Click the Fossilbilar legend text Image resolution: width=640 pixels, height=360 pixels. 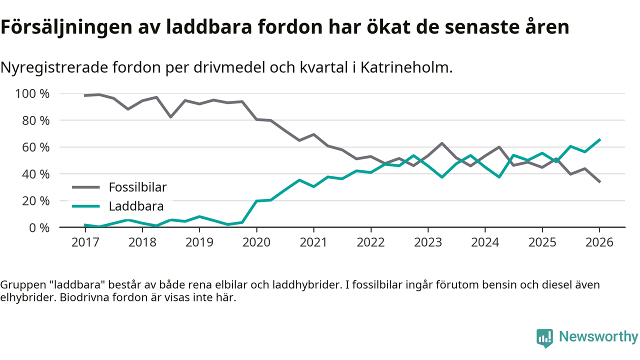click(137, 187)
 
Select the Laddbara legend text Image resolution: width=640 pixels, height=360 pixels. click(136, 206)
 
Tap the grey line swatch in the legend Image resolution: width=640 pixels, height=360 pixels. click(86, 188)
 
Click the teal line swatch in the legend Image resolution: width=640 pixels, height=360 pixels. click(86, 206)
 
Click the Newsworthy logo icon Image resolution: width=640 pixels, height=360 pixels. click(544, 337)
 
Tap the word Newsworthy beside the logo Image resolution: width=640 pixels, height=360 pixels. click(598, 336)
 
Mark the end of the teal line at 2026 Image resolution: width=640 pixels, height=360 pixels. click(599, 140)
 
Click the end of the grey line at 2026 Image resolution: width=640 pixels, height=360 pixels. click(599, 181)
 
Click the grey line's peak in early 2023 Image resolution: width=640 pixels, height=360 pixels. click(442, 143)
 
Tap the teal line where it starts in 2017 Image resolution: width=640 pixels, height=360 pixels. click(85, 225)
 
